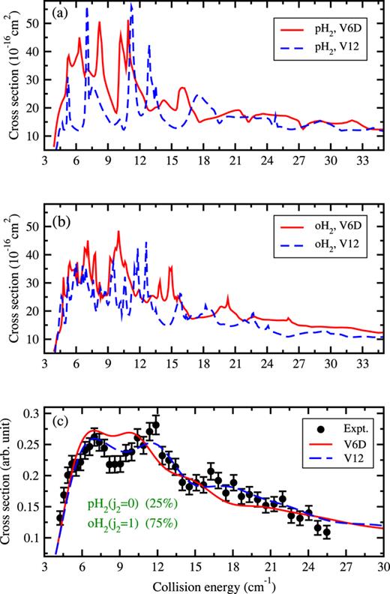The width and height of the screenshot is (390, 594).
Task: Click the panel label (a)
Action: click(58, 13)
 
